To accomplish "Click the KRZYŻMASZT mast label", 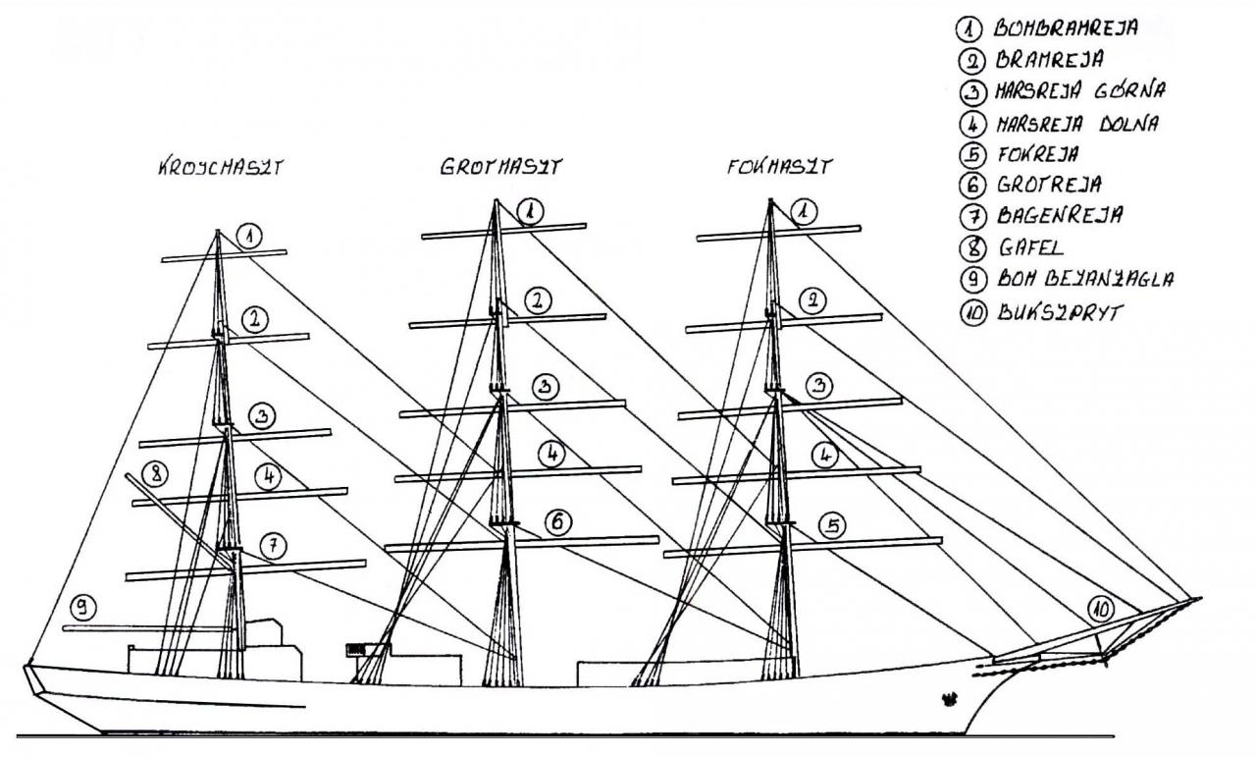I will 220,168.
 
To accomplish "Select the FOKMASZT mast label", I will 779,167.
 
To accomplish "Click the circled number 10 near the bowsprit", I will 1102,610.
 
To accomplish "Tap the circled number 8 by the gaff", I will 154,473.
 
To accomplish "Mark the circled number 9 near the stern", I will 86,609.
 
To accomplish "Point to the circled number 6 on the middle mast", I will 556,522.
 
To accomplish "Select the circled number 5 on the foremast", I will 832,527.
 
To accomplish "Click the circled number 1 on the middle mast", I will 530,210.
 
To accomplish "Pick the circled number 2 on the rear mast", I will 254,319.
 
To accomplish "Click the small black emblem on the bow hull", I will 949,699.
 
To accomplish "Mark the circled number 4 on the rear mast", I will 268,477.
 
